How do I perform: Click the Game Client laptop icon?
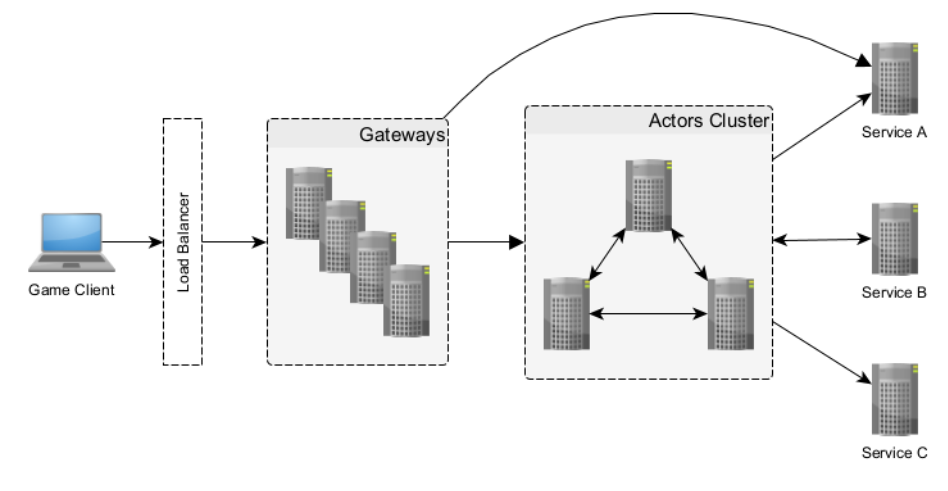[72, 242]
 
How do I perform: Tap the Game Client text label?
[71, 290]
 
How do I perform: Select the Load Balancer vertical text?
[183, 242]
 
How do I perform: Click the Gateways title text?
[402, 135]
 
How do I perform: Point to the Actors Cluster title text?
[709, 121]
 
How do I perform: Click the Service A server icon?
[895, 79]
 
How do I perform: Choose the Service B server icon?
[895, 239]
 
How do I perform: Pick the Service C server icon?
[895, 399]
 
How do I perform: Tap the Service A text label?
[894, 133]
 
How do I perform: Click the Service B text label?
[894, 293]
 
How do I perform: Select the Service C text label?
[894, 453]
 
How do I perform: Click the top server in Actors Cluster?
[648, 195]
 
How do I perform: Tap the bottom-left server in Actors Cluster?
[566, 314]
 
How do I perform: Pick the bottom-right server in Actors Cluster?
[730, 314]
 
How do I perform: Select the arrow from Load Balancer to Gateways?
[234, 242]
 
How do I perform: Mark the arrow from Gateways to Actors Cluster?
[486, 242]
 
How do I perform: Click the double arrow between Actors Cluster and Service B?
[821, 240]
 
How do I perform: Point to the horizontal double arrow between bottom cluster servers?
[648, 314]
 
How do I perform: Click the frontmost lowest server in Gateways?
[406, 301]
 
